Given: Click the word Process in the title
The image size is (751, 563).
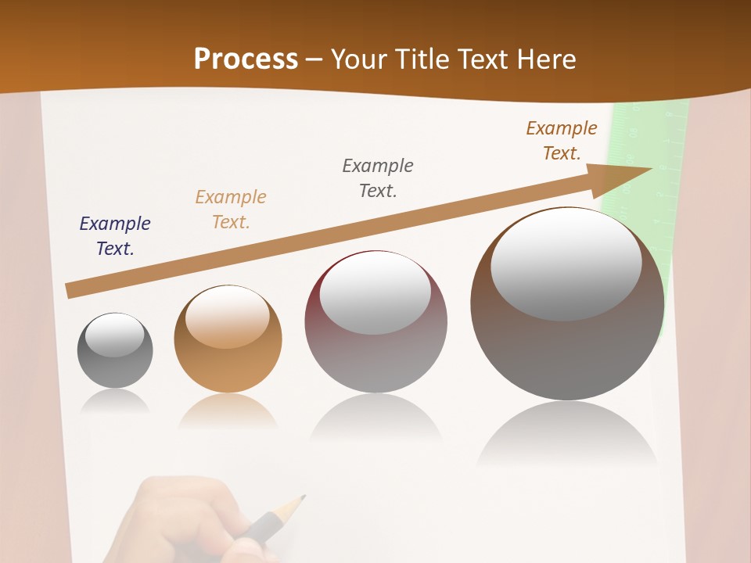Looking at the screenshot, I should pos(246,59).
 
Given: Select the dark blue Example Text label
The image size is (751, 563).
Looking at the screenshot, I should pos(115,236).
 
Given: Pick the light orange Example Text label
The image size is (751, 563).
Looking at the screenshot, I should pos(231,210).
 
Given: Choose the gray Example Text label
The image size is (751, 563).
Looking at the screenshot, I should pos(378,178).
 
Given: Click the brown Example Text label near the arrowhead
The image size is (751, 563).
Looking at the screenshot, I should pos(562,141).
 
